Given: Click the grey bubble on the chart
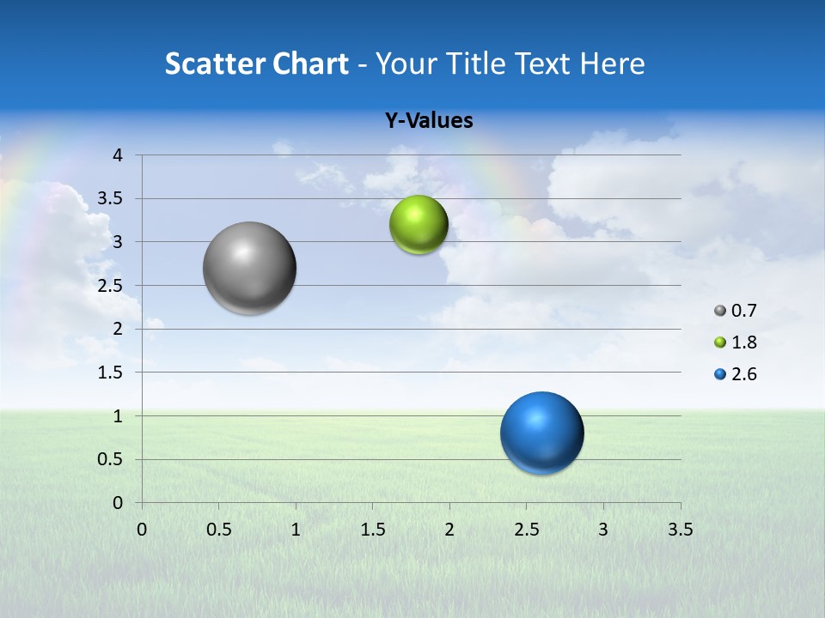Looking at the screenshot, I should pos(250,268).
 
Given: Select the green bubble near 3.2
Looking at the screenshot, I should pos(419,225).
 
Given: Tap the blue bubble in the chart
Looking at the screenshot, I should pos(541,433).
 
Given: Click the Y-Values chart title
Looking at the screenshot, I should pos(428,121).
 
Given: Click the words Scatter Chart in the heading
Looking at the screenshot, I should pos(256,64).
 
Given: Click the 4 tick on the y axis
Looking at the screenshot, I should pos(118,155).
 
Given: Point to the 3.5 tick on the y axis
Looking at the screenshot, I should pos(111,199).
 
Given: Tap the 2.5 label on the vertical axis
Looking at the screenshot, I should pos(111,286).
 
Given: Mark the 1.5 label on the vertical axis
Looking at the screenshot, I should pos(111,373).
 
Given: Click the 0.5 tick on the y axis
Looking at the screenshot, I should pos(111,460).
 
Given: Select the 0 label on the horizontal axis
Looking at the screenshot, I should pos(142,529).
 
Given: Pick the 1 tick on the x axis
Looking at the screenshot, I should pos(296,529).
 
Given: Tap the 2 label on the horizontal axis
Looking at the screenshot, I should pos(449,529).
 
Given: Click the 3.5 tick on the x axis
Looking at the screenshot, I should pos(680,529).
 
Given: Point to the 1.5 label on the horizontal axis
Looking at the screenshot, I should pos(372,529).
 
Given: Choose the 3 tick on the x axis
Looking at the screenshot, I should pos(603,529).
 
